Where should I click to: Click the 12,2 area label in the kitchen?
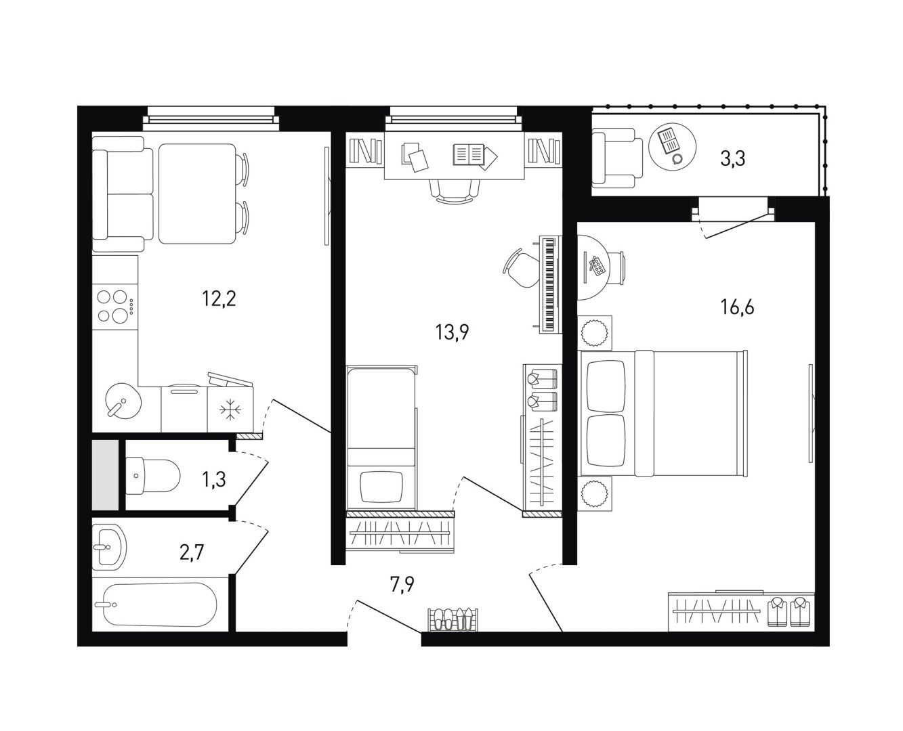click(x=219, y=299)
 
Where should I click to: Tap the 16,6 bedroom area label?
click(x=737, y=307)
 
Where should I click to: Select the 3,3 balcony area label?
click(x=732, y=159)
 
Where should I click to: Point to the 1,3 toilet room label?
click(x=213, y=481)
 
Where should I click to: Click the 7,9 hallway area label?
click(x=402, y=584)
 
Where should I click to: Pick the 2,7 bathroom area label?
click(x=192, y=552)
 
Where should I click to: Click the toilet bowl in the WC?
click(x=153, y=476)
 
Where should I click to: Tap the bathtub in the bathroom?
click(x=160, y=604)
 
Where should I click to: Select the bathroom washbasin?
click(x=109, y=546)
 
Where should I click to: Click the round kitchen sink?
click(x=123, y=401)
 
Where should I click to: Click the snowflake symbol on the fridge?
click(x=230, y=409)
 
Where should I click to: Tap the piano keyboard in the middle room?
click(x=550, y=284)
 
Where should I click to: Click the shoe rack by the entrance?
click(x=453, y=619)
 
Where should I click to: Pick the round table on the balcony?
click(x=673, y=147)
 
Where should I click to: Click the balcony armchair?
click(x=617, y=158)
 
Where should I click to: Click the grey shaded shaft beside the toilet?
click(x=105, y=474)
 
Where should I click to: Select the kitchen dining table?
click(x=196, y=194)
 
